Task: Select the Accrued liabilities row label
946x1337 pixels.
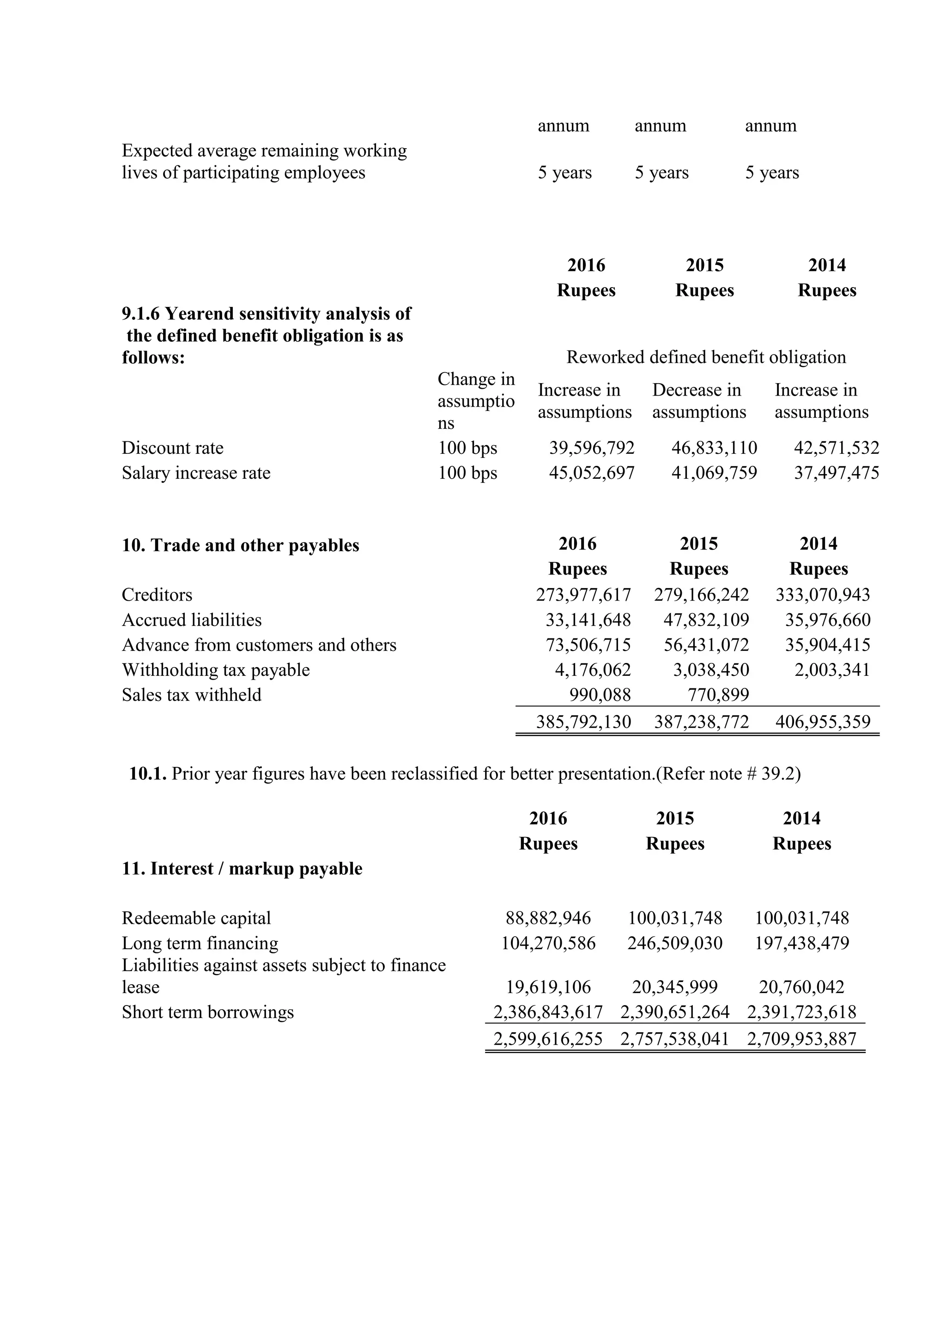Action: point(192,620)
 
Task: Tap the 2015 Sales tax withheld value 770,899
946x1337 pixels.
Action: point(718,695)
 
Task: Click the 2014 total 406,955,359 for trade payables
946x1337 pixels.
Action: point(823,722)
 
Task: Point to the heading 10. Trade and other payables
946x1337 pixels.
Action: point(240,546)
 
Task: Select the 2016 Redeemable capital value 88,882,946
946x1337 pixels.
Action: point(548,918)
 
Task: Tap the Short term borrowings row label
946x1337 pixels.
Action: point(207,1012)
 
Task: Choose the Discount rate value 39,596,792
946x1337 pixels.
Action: point(592,448)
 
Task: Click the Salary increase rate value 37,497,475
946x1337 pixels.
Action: point(837,473)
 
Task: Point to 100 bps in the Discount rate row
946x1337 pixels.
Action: point(467,448)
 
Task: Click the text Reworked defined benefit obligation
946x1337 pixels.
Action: point(706,357)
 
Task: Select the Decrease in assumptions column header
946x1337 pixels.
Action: point(698,401)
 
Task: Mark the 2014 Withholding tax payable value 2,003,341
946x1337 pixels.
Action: point(832,670)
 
